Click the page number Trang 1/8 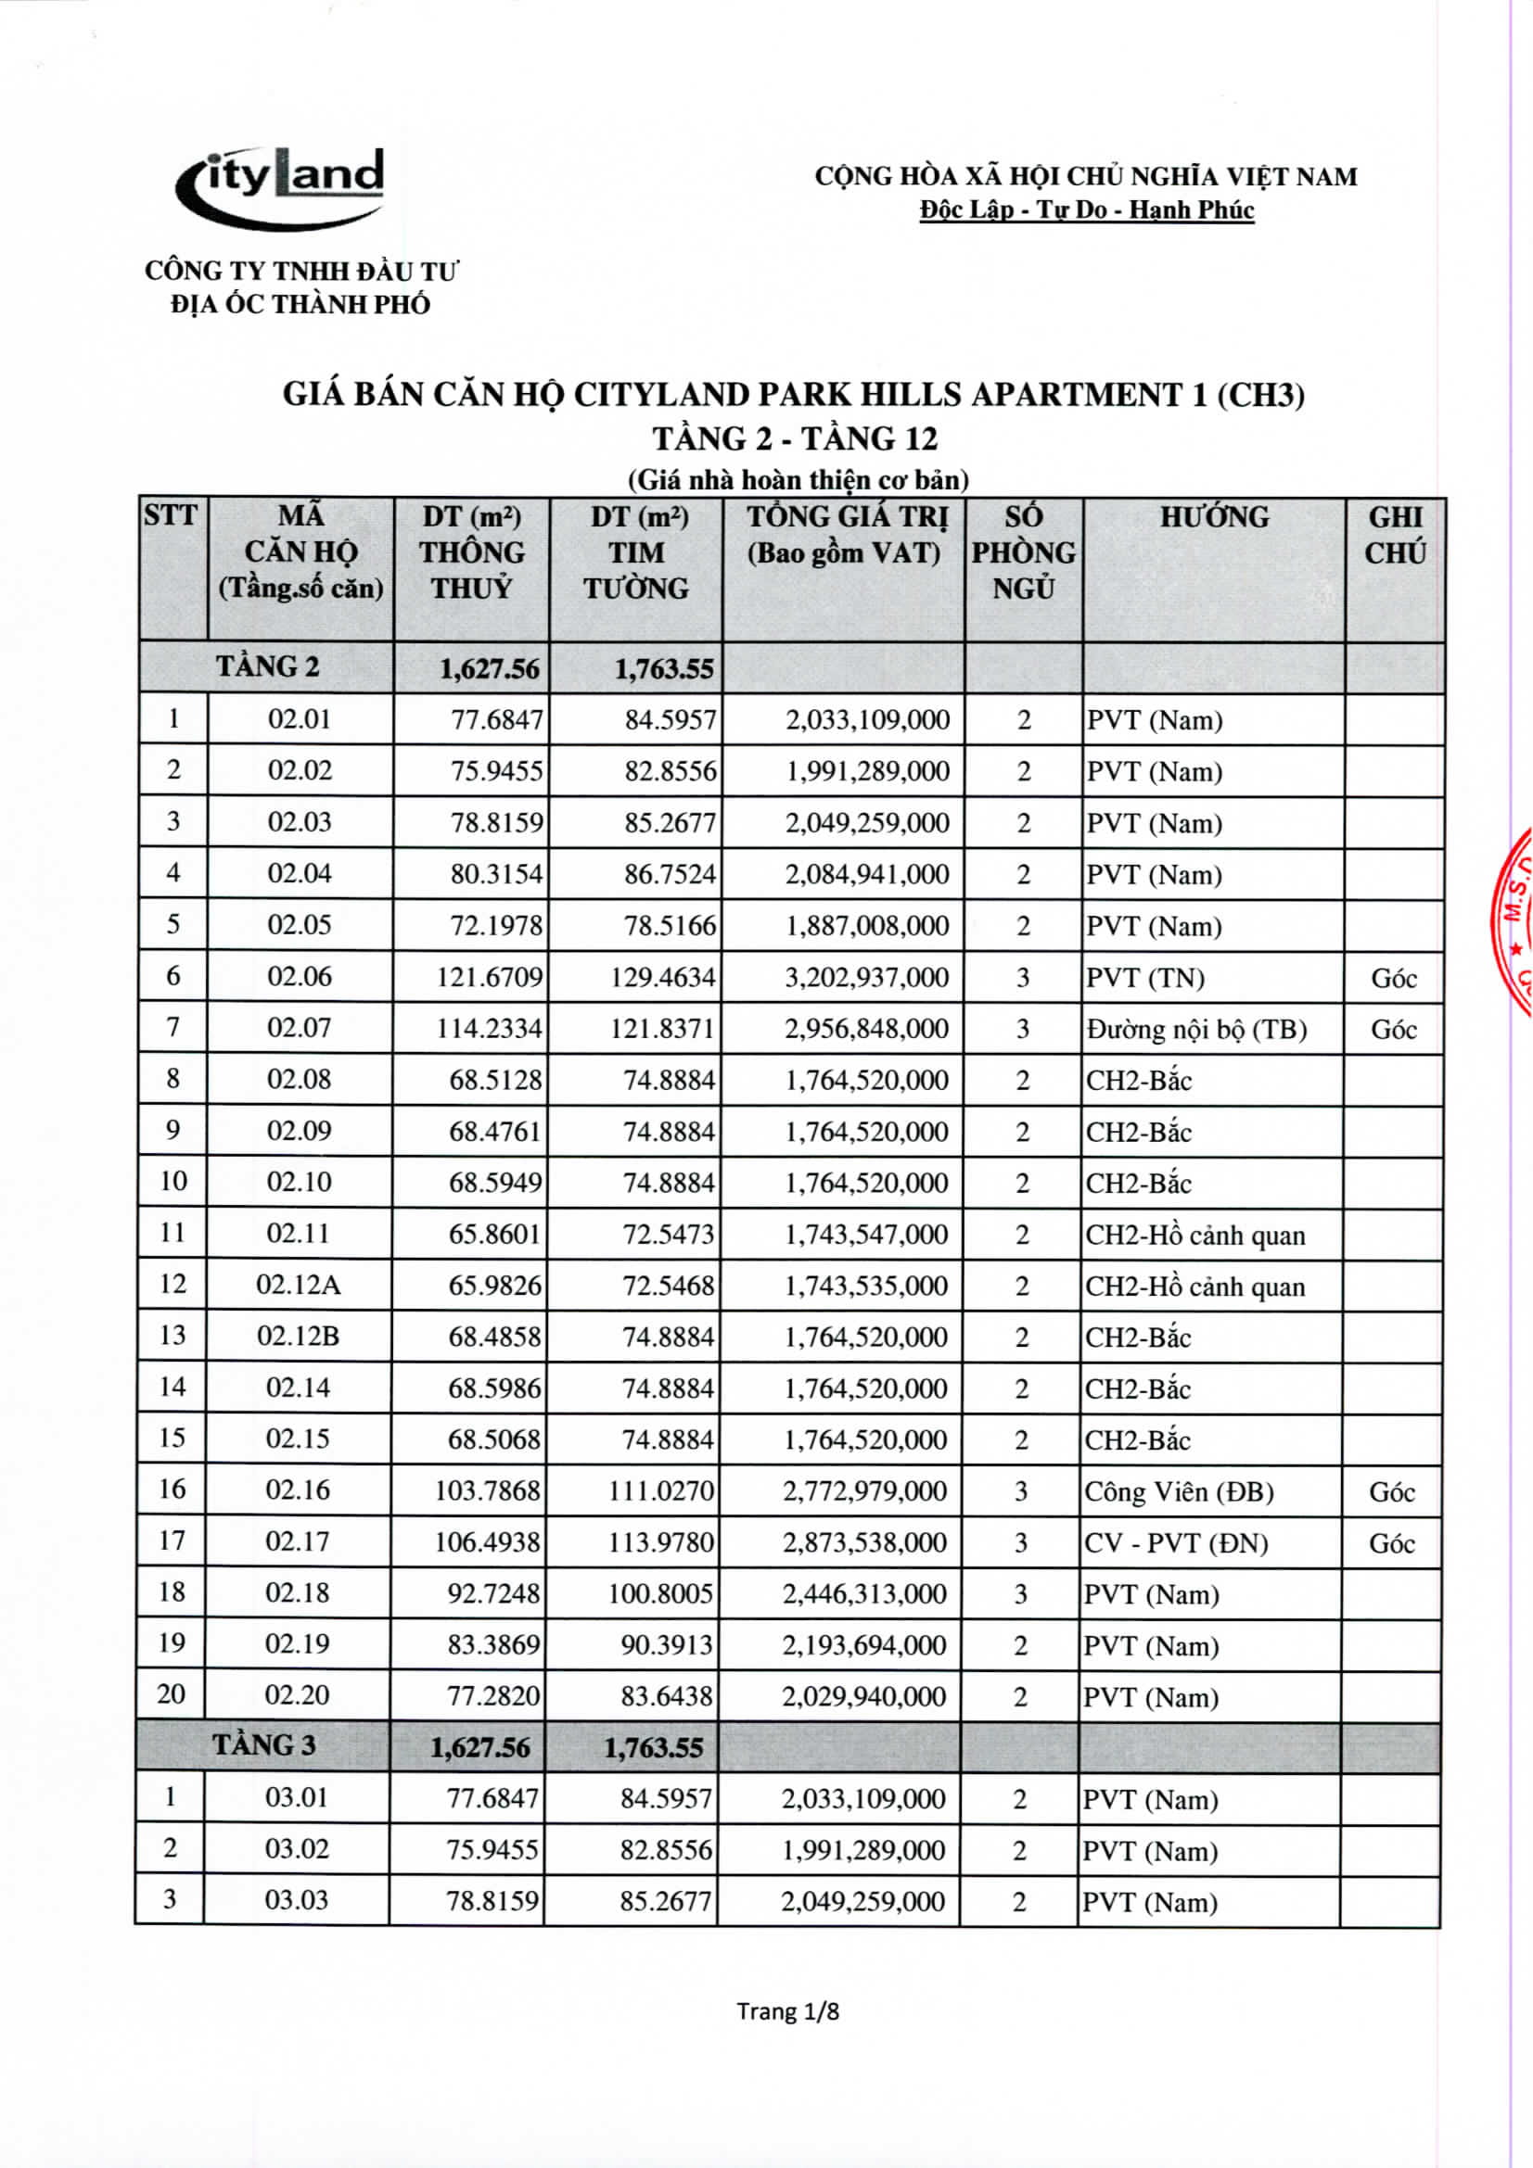[787, 2011]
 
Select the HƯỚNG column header [1214, 517]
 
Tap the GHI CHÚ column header [1395, 535]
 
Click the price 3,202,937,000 [866, 977]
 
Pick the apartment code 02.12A [299, 1285]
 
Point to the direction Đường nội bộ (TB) [1195, 1029]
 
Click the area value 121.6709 [490, 977]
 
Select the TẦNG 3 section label [264, 1745]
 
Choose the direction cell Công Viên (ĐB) [1179, 1492]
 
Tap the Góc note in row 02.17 [1391, 1543]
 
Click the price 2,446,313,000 [864, 1594]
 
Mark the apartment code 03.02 [297, 1849]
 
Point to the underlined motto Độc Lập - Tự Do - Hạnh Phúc [1086, 209]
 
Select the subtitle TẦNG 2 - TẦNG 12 [795, 439]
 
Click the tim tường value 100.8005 [660, 1594]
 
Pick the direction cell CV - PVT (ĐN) [1176, 1543]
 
